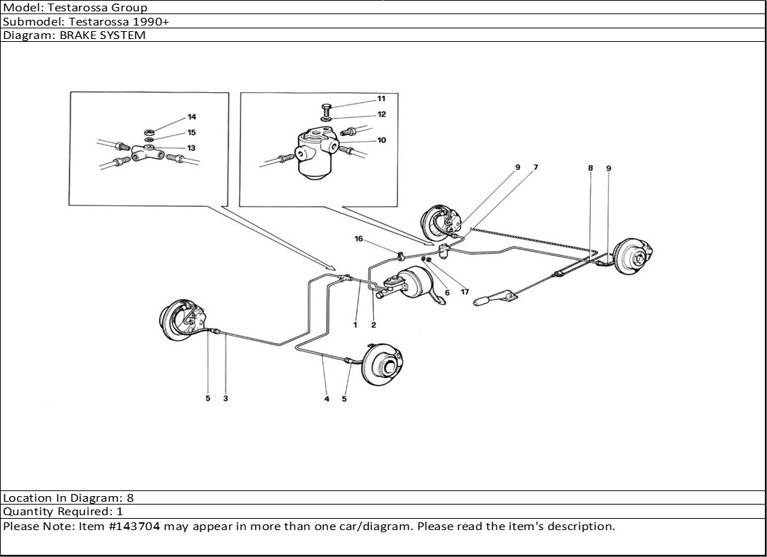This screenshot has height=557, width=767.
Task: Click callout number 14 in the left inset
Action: [x=191, y=117]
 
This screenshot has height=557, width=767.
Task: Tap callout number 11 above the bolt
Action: [x=381, y=99]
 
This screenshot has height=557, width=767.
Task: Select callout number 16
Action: [x=359, y=240]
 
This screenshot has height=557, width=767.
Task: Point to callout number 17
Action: [x=465, y=291]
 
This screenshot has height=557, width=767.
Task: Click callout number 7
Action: [x=535, y=167]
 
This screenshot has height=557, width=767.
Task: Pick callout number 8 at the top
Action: [x=590, y=168]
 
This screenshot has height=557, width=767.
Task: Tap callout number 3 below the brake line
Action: [x=225, y=398]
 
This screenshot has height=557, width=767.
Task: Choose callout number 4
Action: [x=326, y=399]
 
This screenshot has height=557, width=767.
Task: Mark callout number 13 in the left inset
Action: [x=191, y=148]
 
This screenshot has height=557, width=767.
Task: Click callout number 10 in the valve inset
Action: [x=382, y=140]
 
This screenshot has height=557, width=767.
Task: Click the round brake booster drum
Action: [x=415, y=285]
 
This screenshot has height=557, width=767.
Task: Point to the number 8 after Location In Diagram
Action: [x=130, y=498]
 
